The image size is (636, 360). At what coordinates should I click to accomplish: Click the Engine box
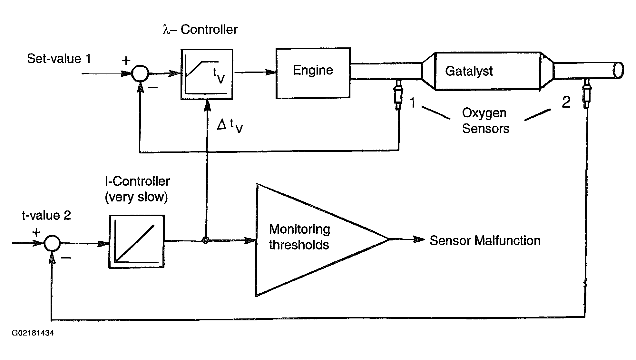click(x=313, y=73)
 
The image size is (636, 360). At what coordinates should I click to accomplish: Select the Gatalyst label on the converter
click(x=469, y=71)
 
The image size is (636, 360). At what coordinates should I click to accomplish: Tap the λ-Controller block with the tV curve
click(x=207, y=74)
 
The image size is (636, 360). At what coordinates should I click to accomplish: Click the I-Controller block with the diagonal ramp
click(x=137, y=241)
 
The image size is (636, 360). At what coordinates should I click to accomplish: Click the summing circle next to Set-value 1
click(x=140, y=73)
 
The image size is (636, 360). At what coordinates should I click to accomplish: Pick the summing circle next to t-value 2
click(x=52, y=243)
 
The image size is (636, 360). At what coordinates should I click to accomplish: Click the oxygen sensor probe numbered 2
click(x=587, y=93)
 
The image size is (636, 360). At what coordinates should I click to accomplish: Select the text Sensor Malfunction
click(x=485, y=240)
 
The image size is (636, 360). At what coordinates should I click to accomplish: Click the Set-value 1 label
click(x=59, y=59)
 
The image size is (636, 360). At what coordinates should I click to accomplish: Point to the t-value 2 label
click(x=46, y=215)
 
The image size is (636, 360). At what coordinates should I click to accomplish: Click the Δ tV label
click(x=230, y=125)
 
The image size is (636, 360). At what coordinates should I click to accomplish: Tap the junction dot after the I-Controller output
click(x=205, y=240)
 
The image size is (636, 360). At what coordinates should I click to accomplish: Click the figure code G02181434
click(x=33, y=333)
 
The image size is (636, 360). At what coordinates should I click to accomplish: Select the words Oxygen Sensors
click(x=485, y=121)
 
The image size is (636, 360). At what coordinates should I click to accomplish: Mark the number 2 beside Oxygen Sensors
click(x=566, y=102)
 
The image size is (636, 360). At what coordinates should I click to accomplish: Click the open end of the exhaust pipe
click(x=619, y=70)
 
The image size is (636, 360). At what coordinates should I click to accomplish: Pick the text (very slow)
click(x=136, y=197)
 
